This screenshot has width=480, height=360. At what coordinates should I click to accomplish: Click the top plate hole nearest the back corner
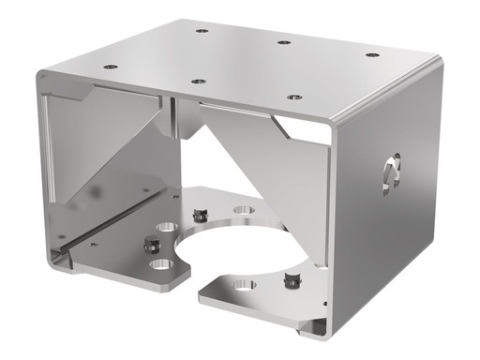pos(202,31)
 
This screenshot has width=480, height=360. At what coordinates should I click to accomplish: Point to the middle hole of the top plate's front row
pos(198,82)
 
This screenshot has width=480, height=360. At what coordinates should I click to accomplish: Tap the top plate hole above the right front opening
pos(293,97)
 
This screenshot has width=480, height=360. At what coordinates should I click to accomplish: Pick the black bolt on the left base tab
pos(148,245)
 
